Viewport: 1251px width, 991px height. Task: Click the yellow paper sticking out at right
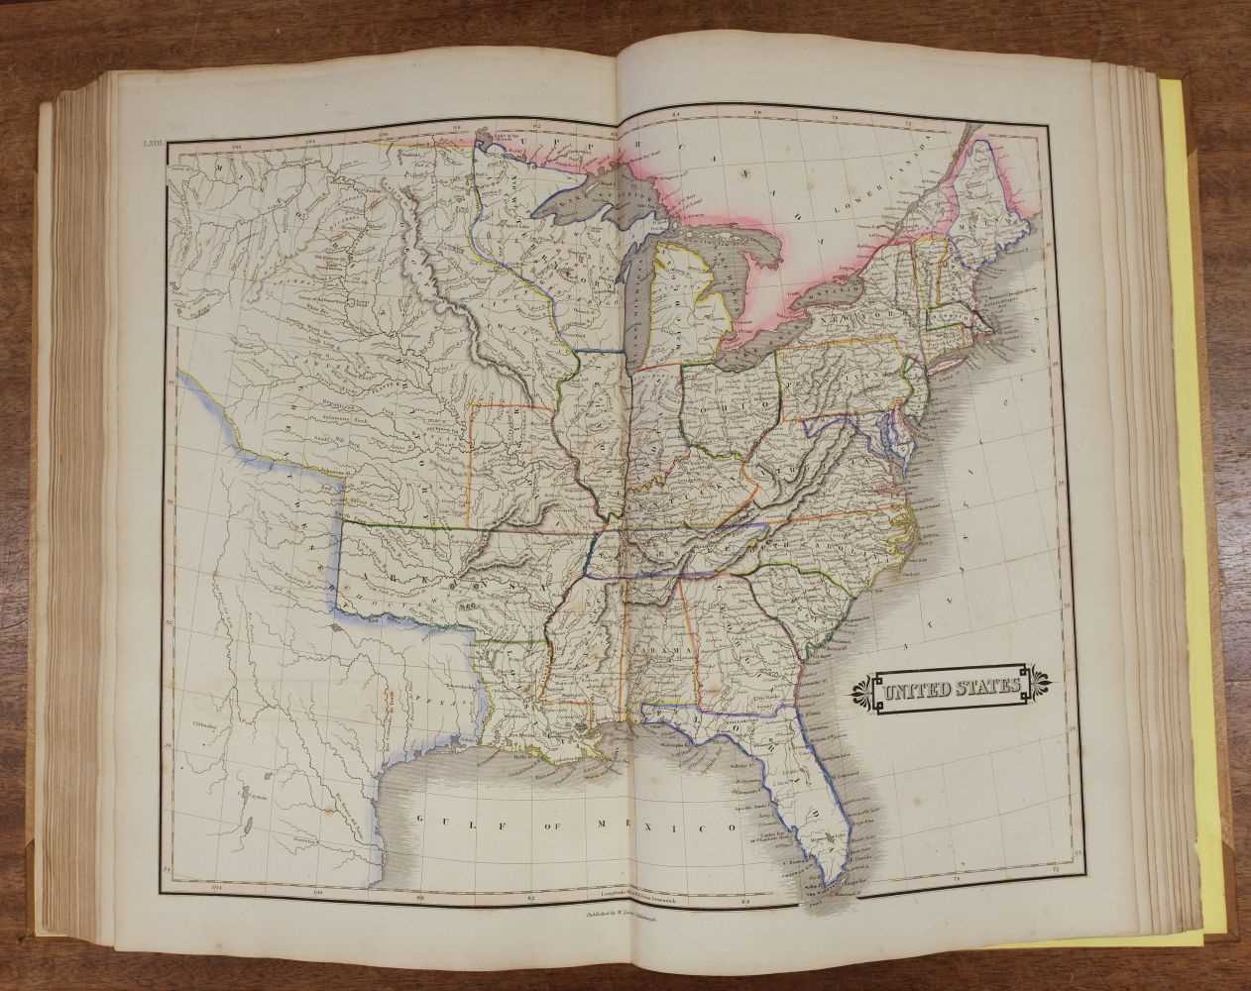tap(1199, 495)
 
